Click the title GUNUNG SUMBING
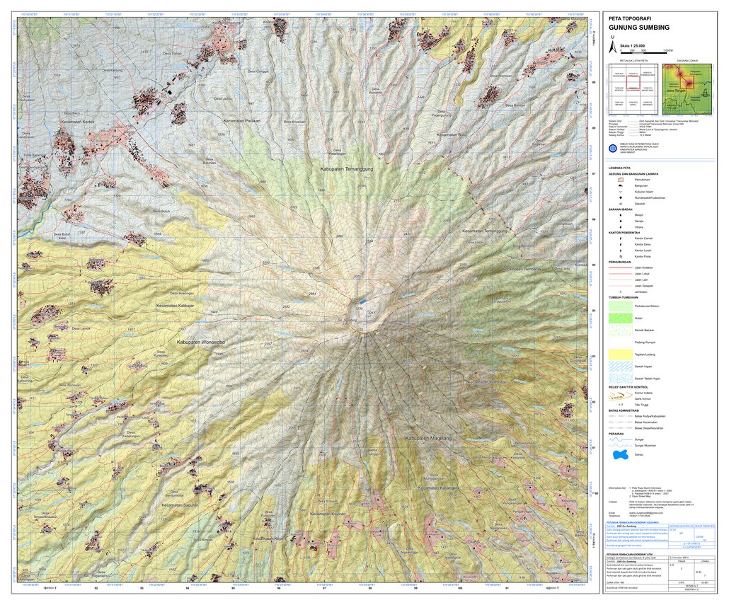pos(638,27)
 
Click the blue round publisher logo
pos(613,148)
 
